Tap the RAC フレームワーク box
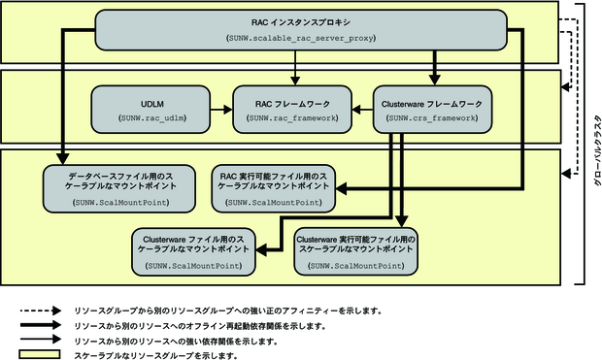pos(292,109)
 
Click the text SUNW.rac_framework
pos(292,117)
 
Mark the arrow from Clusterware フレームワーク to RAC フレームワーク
pos(361,109)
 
